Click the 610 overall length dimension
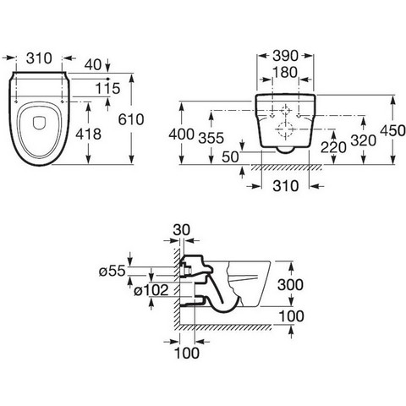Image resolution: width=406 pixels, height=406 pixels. click(x=131, y=119)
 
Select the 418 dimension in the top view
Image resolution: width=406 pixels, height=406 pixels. click(x=88, y=134)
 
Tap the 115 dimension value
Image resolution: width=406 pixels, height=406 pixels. click(x=107, y=89)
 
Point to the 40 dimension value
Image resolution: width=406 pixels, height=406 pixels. click(x=93, y=65)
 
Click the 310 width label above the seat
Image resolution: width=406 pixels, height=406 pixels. click(x=39, y=58)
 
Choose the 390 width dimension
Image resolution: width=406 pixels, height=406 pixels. click(x=285, y=56)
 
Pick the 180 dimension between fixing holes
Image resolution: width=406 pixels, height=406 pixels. click(x=285, y=73)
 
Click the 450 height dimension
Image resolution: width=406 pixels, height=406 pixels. click(x=392, y=130)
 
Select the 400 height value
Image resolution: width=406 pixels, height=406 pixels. click(x=181, y=134)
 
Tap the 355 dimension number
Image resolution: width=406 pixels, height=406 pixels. click(x=211, y=138)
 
